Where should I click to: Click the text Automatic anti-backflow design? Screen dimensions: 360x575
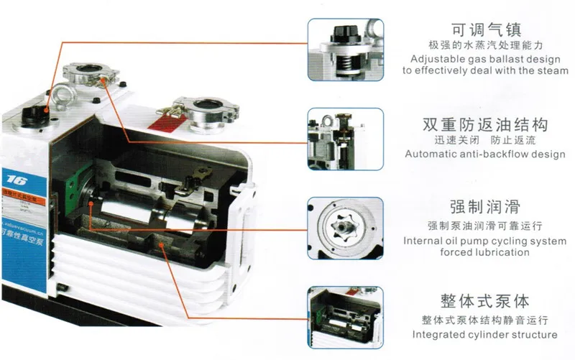tap(484, 154)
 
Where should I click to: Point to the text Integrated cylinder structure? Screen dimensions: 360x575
tap(484, 335)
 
